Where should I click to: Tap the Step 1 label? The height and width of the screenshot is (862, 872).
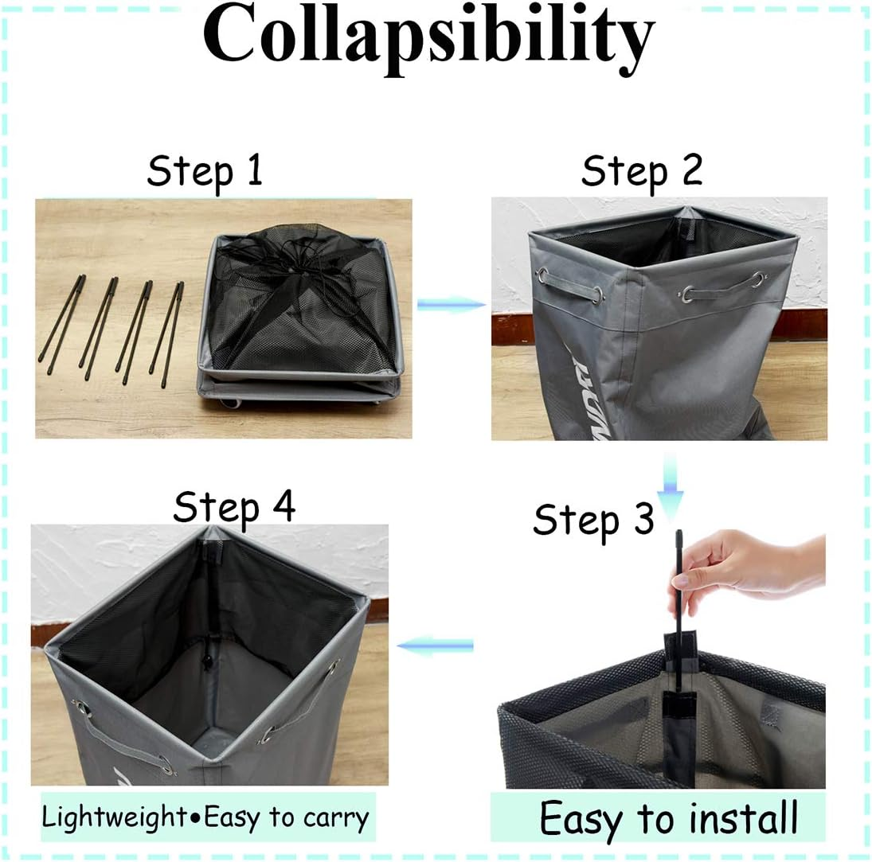pyautogui.click(x=205, y=171)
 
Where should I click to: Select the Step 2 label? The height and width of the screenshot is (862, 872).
pyautogui.click(x=642, y=171)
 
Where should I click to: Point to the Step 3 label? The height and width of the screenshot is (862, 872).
pyautogui.click(x=593, y=520)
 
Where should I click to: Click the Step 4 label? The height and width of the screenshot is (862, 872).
pyautogui.click(x=234, y=506)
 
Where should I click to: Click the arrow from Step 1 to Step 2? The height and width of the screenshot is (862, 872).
pyautogui.click(x=452, y=304)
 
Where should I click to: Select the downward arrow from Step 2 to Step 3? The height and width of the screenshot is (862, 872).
pyautogui.click(x=671, y=485)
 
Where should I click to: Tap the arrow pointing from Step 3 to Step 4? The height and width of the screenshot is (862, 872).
pyautogui.click(x=435, y=646)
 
